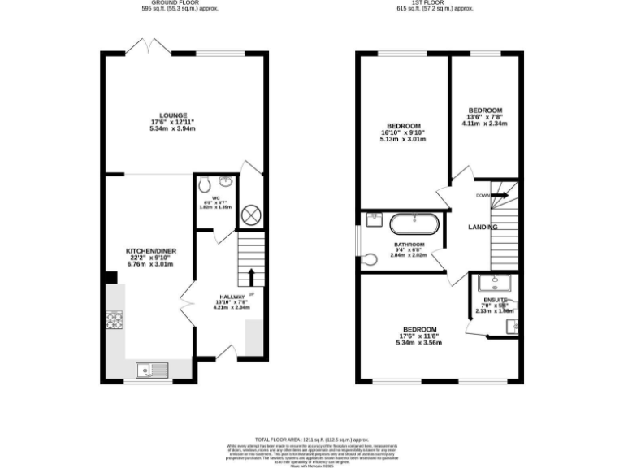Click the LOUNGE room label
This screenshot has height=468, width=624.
[x=174, y=115]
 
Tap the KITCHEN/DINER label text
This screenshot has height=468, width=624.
[x=147, y=250]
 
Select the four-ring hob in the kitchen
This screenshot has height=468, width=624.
[x=114, y=320]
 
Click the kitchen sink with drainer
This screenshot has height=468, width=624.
[x=152, y=370]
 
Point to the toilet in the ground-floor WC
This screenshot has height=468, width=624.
[x=205, y=182]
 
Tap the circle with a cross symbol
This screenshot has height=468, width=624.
[x=251, y=215]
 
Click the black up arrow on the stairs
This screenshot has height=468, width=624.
[x=251, y=275]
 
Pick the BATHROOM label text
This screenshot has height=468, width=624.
[x=409, y=245]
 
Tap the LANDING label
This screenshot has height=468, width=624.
[x=483, y=227]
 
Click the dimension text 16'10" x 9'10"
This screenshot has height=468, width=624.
[x=403, y=132]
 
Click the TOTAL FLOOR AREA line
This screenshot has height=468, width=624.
[x=312, y=438]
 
